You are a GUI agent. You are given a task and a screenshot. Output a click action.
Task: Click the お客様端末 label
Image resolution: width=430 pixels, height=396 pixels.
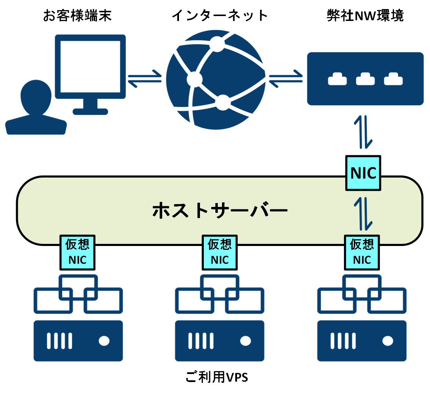tap(77, 16)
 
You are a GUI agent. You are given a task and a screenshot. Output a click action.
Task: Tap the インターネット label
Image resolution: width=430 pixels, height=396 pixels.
tap(220, 16)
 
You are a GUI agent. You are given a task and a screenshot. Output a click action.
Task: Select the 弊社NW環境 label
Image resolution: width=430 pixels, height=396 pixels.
tap(365, 16)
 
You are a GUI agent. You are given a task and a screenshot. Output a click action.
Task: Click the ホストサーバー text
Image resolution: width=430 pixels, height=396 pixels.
tap(220, 210)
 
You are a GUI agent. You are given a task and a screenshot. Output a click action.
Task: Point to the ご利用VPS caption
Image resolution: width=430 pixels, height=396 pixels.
tap(217, 377)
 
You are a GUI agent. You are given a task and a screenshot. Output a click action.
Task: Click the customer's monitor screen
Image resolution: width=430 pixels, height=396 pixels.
tap(90, 66)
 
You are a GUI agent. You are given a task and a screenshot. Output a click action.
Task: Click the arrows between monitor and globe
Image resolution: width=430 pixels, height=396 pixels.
tap(145, 79)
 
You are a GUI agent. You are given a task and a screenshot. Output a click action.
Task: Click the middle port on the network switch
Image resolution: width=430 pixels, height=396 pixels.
tap(365, 80)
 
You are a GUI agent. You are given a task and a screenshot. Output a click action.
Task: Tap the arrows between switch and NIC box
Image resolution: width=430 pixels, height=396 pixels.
tap(363, 132)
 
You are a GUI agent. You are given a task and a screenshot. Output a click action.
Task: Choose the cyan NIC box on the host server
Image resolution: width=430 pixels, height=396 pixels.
tap(363, 173)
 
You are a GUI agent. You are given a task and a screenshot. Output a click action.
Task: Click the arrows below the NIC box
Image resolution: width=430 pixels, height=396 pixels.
tap(363, 214)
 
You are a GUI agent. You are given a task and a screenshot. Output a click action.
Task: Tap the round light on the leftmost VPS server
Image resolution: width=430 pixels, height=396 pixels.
tap(104, 341)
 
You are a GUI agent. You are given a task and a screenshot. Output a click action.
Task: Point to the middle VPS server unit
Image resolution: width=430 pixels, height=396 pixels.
tap(220, 341)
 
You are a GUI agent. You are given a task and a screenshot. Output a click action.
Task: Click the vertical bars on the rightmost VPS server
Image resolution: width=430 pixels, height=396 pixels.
tap(343, 341)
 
